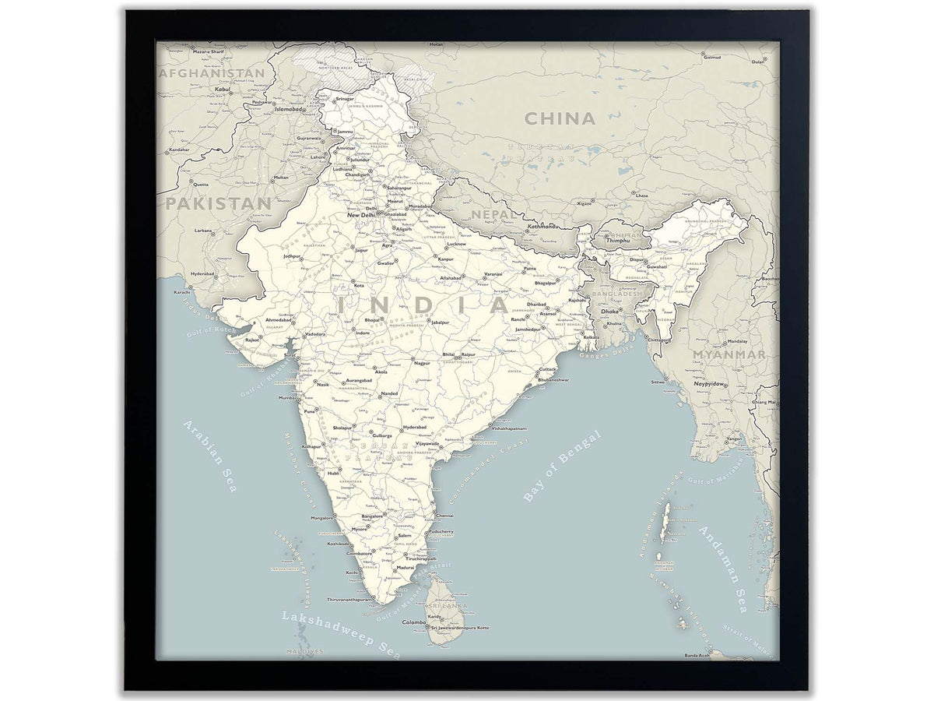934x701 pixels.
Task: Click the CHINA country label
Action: tap(559, 119)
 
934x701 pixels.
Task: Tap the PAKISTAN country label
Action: tap(217, 204)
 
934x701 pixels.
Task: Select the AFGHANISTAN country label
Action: tap(211, 73)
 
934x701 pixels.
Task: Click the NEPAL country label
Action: tap(493, 214)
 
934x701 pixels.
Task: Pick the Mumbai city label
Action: tap(287, 398)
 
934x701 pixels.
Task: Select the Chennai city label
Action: tap(445, 516)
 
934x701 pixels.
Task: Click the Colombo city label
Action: tap(413, 622)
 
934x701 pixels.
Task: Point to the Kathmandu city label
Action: tap(543, 227)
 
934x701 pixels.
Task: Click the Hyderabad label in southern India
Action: tap(414, 428)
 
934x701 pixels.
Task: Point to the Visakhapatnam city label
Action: tap(509, 428)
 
